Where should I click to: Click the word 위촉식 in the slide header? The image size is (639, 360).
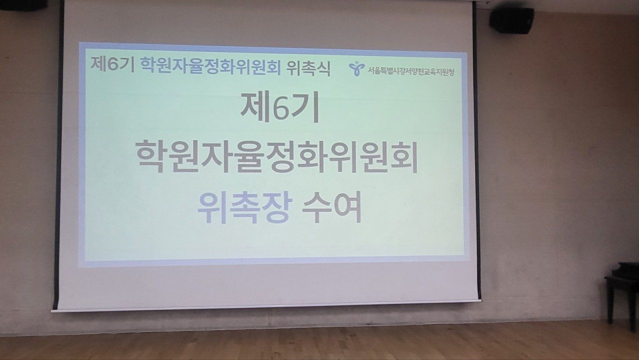309,69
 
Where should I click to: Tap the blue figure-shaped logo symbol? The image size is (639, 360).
356,69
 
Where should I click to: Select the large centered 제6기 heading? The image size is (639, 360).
280,107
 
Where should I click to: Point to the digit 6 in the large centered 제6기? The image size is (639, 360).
281,108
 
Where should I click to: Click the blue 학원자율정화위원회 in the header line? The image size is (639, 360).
211,66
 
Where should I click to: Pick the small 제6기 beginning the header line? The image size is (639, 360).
112,64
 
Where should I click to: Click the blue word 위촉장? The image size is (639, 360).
245,207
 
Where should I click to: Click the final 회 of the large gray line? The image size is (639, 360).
403,157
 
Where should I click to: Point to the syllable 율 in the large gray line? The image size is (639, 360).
245,156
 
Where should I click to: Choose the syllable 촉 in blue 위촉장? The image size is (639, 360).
245,207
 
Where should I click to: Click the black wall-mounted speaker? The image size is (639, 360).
512,21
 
